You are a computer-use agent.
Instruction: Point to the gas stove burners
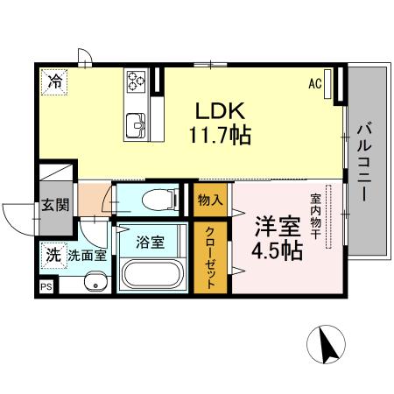pos(137,81)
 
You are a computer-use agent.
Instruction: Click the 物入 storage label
pos(210,200)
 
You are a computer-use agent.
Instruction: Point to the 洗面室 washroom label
pos(88,256)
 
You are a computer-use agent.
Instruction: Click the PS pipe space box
pos(45,285)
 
